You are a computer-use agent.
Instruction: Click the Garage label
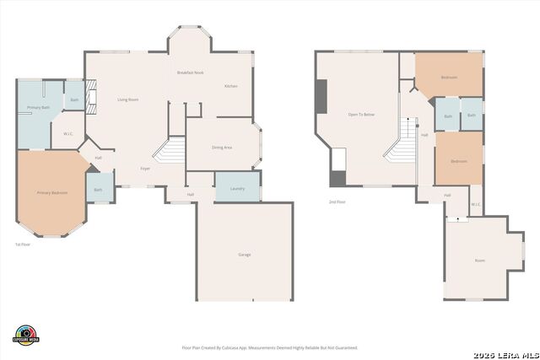pyautogui.click(x=244, y=255)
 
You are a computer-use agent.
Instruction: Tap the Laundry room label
pyautogui.click(x=237, y=188)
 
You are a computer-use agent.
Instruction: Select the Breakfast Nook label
pyautogui.click(x=190, y=73)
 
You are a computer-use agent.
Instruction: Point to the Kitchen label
pyautogui.click(x=230, y=87)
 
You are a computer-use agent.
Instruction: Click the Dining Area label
pyautogui.click(x=221, y=148)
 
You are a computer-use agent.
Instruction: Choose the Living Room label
pyautogui.click(x=127, y=99)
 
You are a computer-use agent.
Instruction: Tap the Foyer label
pyautogui.click(x=145, y=169)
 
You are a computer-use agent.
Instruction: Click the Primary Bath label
pyautogui.click(x=39, y=108)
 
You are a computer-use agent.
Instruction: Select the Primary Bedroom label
pyautogui.click(x=52, y=193)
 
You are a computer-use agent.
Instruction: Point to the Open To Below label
pyautogui.click(x=361, y=114)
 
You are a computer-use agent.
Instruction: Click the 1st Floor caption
pyautogui.click(x=23, y=244)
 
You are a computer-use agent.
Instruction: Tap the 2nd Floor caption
pyautogui.click(x=337, y=201)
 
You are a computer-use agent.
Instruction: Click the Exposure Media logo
pyautogui.click(x=26, y=334)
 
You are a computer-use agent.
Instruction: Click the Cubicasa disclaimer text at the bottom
pyautogui.click(x=270, y=347)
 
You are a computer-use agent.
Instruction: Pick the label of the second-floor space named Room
pyautogui.click(x=479, y=261)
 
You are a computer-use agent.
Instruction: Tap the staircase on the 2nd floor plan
pyautogui.click(x=403, y=142)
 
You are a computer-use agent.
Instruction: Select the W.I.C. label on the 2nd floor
pyautogui.click(x=476, y=204)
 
